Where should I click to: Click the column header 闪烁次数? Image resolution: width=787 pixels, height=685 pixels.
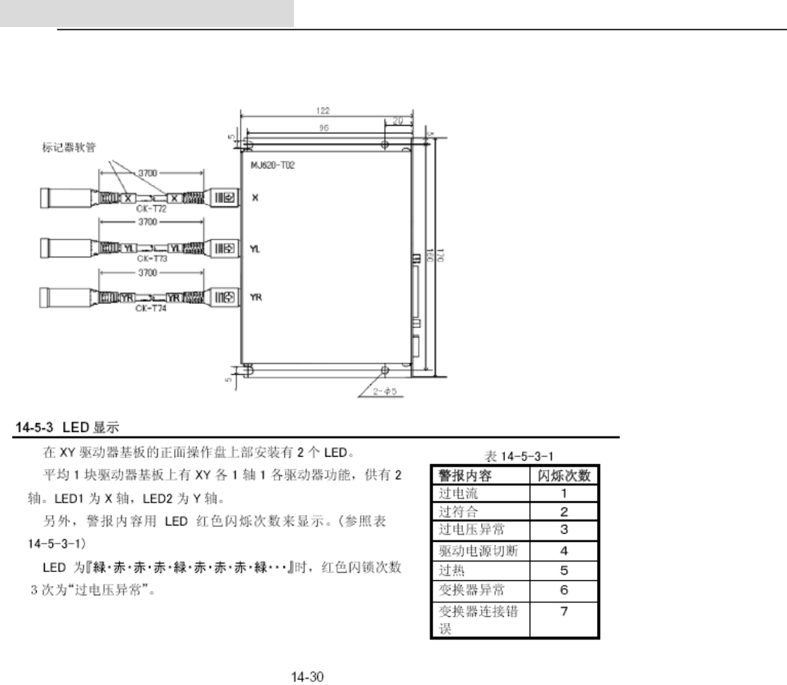point(564,476)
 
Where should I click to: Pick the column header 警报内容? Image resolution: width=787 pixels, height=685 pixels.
point(468,476)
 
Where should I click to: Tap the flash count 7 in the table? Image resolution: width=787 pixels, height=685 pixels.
point(564,612)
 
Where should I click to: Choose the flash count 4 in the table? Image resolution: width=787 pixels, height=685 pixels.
point(564,551)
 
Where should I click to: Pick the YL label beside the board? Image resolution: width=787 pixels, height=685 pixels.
point(256,247)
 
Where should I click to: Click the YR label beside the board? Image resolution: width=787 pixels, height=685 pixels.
point(257,296)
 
